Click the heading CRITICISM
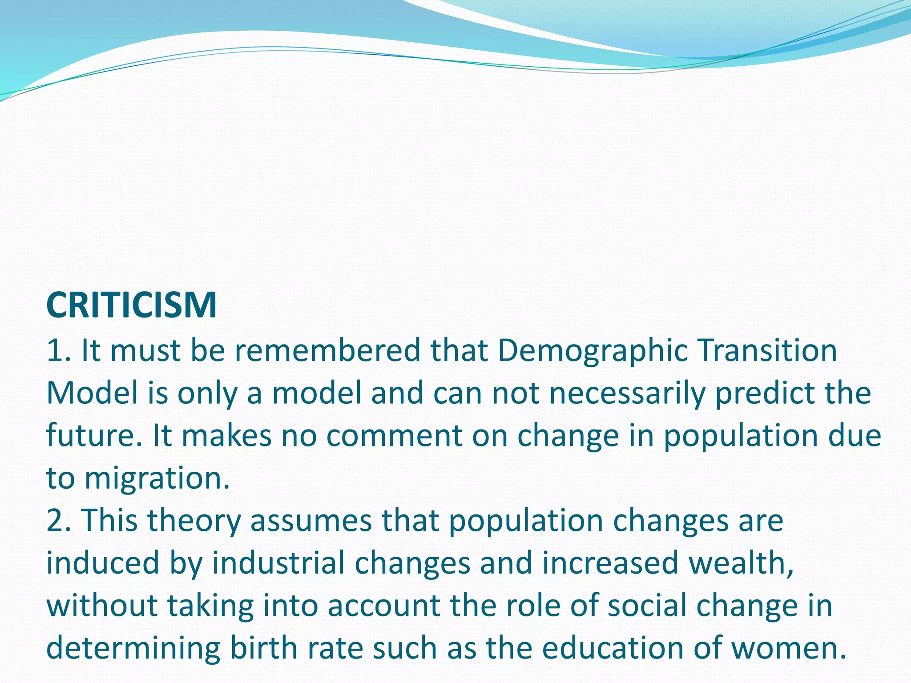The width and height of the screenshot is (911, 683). [131, 305]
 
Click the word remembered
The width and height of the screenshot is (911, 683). [327, 350]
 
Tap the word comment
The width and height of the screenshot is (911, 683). [394, 436]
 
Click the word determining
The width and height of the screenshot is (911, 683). [133, 649]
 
